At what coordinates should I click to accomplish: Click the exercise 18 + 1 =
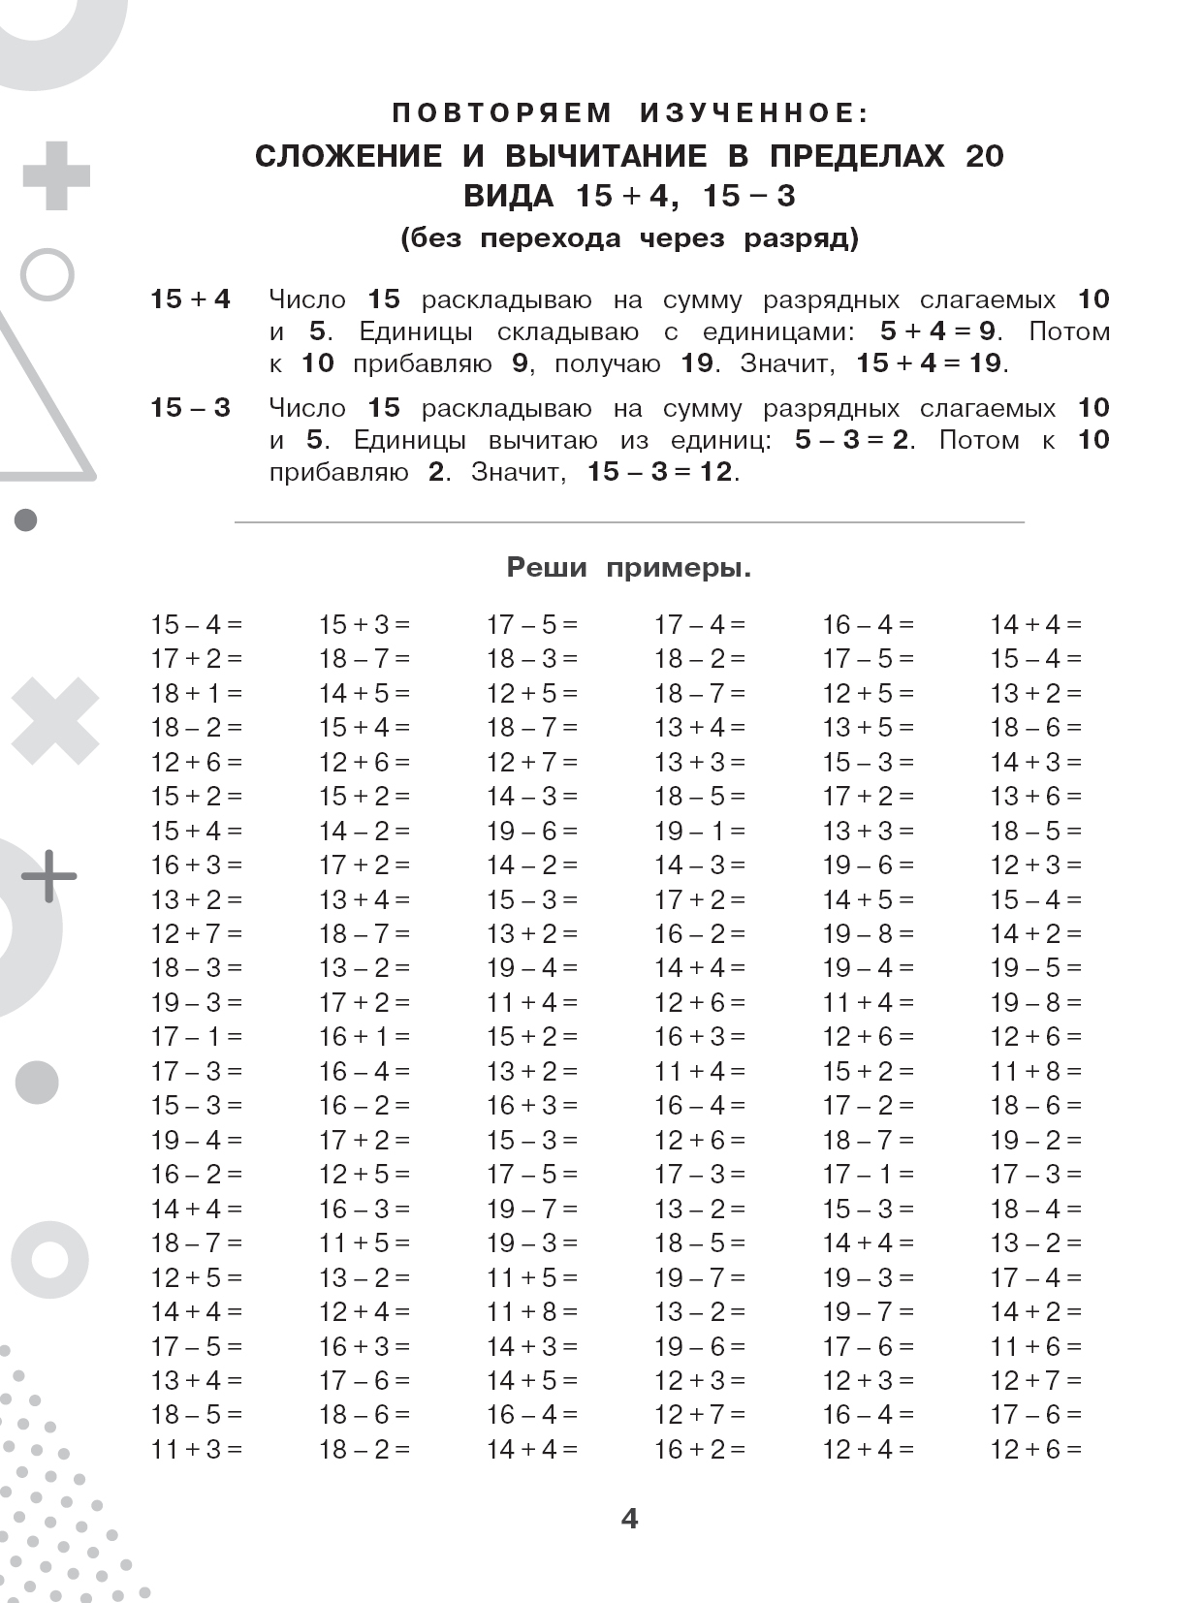pos(196,694)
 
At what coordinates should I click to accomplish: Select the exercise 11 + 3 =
pos(196,1450)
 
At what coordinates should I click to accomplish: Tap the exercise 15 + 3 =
pos(364,625)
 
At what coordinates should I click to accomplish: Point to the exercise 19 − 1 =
pos(700,832)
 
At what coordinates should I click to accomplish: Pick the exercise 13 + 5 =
pos(868,728)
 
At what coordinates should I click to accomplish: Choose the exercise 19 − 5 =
pos(1035,968)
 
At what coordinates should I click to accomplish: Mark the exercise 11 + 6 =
pos(1035,1346)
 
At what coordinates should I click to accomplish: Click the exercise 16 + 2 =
pos(700,1450)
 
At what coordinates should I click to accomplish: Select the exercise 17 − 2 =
pos(868,1106)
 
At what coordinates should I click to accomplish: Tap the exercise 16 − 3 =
pos(364,1210)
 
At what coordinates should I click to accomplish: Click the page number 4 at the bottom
pos(629,1519)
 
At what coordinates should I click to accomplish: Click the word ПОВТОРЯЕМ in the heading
pos(502,113)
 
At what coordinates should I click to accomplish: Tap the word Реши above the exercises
pos(547,568)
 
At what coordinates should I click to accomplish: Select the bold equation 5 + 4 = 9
pos(937,331)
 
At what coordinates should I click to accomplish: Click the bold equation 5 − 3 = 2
pos(852,440)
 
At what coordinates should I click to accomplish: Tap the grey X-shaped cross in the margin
pos(55,721)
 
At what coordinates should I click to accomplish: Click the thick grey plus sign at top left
pos(56,176)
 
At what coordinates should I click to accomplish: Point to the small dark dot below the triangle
pos(26,520)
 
